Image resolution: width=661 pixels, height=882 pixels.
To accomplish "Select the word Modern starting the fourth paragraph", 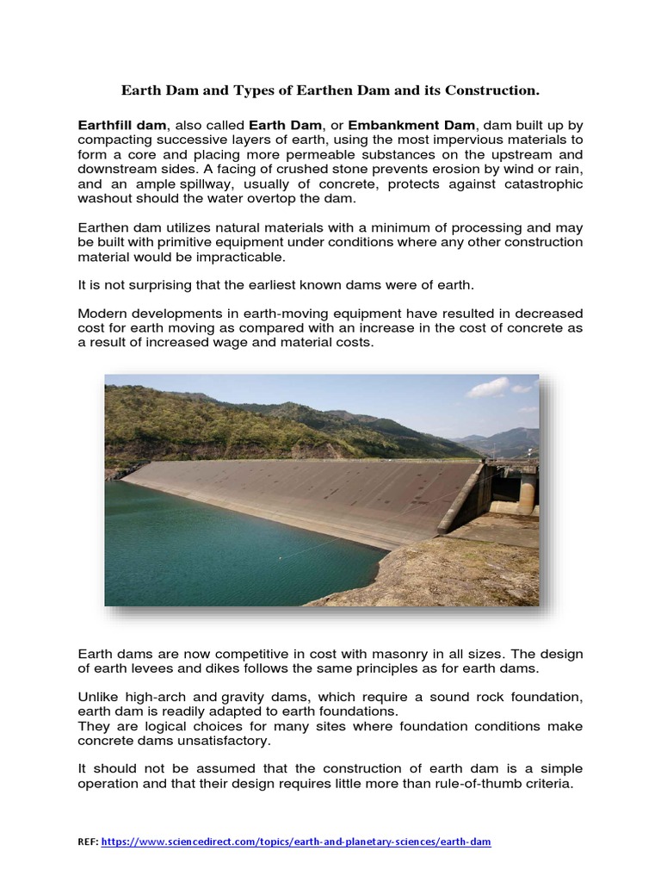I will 102,313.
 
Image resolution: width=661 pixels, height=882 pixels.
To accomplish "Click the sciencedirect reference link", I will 296,842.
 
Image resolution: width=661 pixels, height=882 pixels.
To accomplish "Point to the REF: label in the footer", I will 88,842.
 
